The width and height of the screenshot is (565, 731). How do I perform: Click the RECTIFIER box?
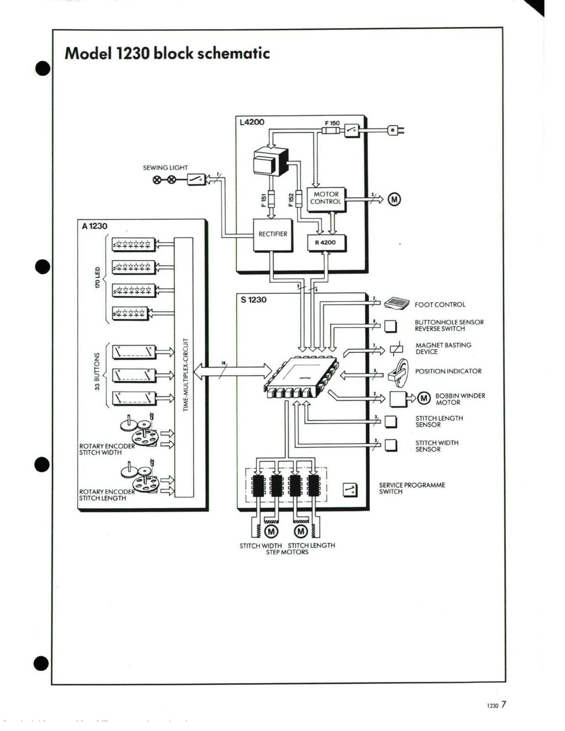(273, 235)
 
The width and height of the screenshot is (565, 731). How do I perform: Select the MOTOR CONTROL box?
(326, 198)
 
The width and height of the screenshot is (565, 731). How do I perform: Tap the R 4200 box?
(326, 243)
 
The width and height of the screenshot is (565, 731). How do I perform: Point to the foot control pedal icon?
(397, 303)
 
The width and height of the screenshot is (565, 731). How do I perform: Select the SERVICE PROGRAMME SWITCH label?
(412, 488)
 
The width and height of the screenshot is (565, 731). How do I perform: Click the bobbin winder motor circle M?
(424, 398)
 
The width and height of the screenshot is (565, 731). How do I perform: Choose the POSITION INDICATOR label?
(448, 372)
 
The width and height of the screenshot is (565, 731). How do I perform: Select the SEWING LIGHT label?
(165, 168)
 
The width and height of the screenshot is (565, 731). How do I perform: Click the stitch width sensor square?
(391, 445)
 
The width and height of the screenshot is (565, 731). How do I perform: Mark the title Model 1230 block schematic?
(167, 53)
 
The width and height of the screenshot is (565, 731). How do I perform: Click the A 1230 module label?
(94, 226)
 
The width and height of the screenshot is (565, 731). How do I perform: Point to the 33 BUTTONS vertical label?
(98, 372)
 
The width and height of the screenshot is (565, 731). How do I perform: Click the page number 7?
(504, 704)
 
